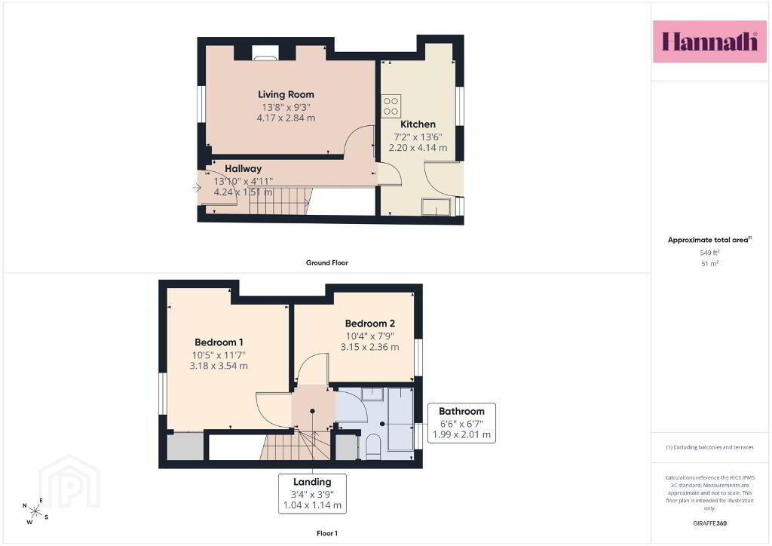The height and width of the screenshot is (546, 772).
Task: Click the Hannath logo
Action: coord(709,41)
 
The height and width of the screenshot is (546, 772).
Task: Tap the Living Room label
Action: coord(286,94)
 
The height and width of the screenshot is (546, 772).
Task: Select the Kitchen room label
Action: coord(418,124)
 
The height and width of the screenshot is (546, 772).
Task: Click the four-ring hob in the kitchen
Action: coord(391,106)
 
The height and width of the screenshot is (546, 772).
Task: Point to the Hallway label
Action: coord(244,169)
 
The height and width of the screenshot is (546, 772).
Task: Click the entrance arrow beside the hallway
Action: coord(197,188)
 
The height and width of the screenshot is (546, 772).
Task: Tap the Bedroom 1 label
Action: coord(219,342)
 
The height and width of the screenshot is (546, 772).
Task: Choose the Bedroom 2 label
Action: coord(369,324)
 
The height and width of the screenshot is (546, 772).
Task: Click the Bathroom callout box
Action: coord(461,423)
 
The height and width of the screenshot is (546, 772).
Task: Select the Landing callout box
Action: coord(312,494)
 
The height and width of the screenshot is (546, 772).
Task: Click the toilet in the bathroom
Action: coord(373,446)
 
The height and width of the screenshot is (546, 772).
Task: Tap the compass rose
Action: coord(35,511)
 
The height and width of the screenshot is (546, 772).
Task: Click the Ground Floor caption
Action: coord(327,263)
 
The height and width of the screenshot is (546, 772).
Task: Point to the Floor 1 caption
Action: coord(327,533)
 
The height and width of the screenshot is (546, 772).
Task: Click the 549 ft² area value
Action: coord(709,253)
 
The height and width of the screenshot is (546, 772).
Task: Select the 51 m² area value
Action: coord(709,263)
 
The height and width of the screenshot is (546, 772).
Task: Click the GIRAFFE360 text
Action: coord(709,523)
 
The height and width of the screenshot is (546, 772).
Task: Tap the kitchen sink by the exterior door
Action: coord(437,207)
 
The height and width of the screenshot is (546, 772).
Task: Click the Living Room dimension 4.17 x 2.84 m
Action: coord(286,118)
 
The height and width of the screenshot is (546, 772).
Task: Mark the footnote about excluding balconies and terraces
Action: coord(709,447)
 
